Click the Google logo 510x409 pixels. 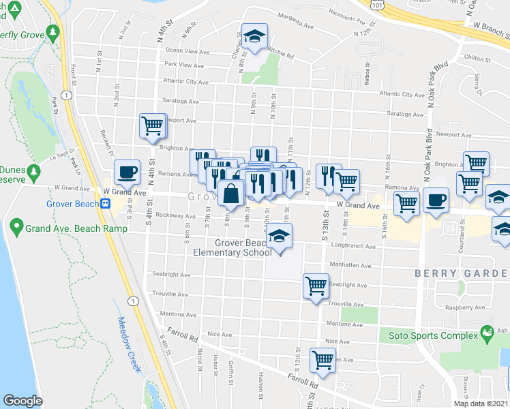coord(22,401)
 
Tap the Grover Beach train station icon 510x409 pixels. coord(106,203)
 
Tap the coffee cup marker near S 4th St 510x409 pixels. coord(126,172)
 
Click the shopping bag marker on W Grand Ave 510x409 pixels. coord(231,194)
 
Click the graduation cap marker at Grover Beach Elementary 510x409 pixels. coord(278,237)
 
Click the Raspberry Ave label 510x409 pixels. coord(468,308)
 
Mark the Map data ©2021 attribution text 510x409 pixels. coord(480,404)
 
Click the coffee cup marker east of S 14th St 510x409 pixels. coord(436,200)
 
